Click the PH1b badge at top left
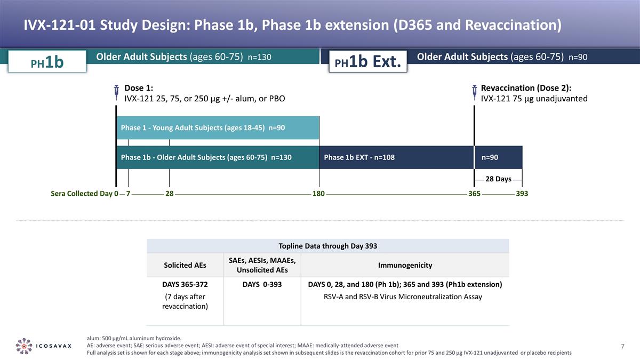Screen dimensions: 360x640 pos(46,62)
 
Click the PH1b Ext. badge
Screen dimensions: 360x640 pos(367,62)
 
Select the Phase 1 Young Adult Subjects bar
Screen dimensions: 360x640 pos(218,128)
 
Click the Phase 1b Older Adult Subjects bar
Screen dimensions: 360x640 pos(218,157)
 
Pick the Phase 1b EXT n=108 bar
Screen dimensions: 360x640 pos(396,157)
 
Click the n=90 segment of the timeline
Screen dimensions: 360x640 pos(498,157)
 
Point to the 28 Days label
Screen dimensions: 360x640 pos(498,179)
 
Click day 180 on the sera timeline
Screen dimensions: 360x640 pos(318,194)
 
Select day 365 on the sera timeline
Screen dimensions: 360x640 pos(474,194)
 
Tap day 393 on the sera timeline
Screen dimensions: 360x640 pos(522,194)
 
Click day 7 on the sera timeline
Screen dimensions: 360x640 pos(128,194)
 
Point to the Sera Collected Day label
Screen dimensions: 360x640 pos(82,194)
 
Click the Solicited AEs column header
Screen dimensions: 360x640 pos(185,265)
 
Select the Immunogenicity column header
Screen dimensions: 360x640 pos(405,265)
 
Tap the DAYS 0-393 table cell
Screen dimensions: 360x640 pos(262,284)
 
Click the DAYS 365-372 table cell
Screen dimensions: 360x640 pos(185,284)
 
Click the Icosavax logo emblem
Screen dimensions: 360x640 pos(25,346)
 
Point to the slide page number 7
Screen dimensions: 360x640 pos(622,347)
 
